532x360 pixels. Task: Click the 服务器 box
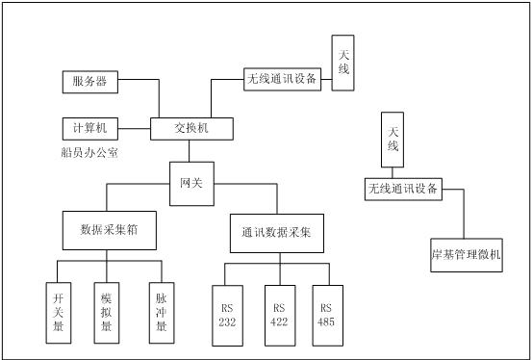[89, 82]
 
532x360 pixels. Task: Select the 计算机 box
[89, 127]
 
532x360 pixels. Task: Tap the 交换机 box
[190, 127]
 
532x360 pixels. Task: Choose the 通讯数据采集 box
[276, 233]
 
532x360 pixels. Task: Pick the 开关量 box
[60, 313]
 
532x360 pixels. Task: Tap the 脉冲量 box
[161, 313]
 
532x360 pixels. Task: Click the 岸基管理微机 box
[466, 256]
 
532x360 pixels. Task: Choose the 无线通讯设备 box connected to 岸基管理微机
[403, 189]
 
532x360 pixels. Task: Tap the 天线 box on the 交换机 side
[343, 64]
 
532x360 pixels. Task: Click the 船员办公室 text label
[89, 153]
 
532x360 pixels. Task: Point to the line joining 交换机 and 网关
[190, 151]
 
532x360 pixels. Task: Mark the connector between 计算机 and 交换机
[135, 127]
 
